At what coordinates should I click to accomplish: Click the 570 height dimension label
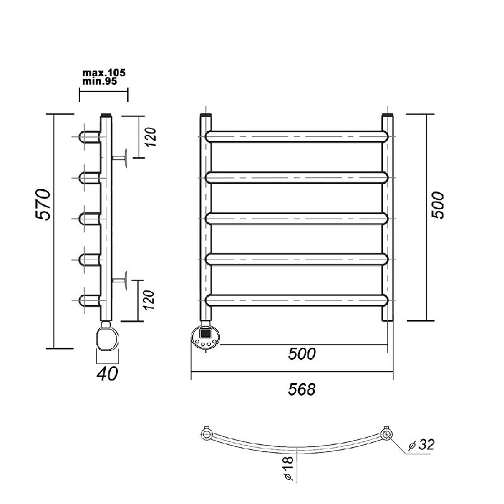[x=43, y=204]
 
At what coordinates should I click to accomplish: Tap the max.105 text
[x=104, y=72]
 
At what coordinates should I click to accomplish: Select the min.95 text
[x=100, y=81]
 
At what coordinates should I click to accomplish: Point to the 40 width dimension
[x=107, y=374]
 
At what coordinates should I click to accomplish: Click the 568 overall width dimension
[x=302, y=389]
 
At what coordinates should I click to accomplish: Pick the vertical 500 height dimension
[x=437, y=205]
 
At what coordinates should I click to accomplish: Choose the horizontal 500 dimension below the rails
[x=302, y=353]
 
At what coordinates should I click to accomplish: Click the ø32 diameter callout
[x=421, y=445]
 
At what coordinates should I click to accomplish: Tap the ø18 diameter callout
[x=289, y=468]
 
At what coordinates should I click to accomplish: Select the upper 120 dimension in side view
[x=151, y=137]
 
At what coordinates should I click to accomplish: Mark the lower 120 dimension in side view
[x=149, y=300]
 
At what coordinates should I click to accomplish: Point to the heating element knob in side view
[x=107, y=338]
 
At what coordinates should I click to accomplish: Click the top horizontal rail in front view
[x=297, y=137]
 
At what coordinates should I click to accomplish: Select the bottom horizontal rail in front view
[x=297, y=300]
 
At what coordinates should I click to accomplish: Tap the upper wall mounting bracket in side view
[x=120, y=158]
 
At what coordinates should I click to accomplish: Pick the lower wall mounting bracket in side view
[x=120, y=280]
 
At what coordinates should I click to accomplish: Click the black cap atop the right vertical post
[x=387, y=115]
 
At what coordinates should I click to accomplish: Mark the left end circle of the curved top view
[x=206, y=435]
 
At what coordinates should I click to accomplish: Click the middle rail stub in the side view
[x=89, y=219]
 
